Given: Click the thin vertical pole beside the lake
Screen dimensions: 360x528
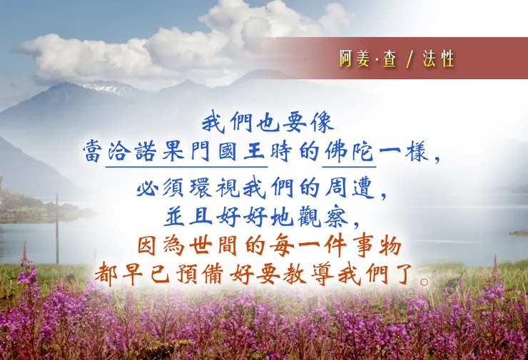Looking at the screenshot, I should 58,228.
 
